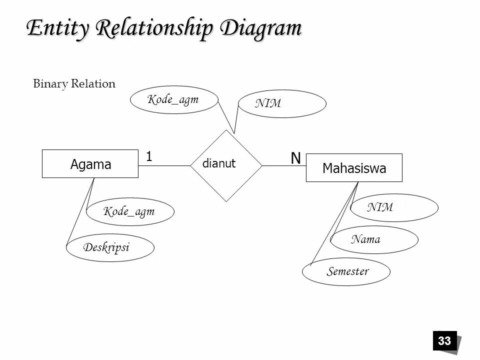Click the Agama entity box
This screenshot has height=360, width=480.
90,164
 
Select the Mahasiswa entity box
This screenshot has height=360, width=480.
354,168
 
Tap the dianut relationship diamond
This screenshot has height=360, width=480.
226,165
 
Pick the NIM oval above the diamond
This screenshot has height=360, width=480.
282,104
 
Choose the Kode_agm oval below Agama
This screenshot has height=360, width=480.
130,212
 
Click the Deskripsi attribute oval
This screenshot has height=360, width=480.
110,248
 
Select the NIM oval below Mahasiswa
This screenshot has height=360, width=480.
394,207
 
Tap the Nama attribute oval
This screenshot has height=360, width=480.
374,240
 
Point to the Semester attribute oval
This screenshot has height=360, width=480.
346,272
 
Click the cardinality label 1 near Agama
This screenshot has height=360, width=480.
149,156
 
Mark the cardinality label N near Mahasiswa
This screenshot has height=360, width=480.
296,158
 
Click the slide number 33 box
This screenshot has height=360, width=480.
444,341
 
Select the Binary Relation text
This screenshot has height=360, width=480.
74,84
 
